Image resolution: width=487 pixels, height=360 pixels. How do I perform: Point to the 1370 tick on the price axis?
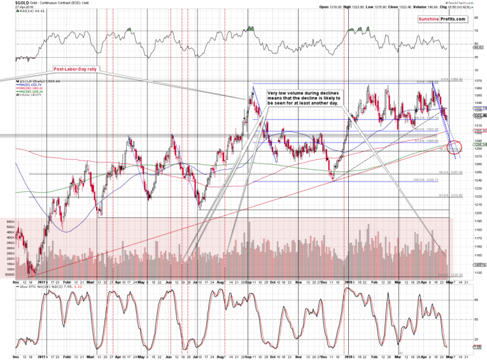[x=477, y=80]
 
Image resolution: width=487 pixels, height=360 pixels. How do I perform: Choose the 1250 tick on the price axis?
[x=477, y=172]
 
